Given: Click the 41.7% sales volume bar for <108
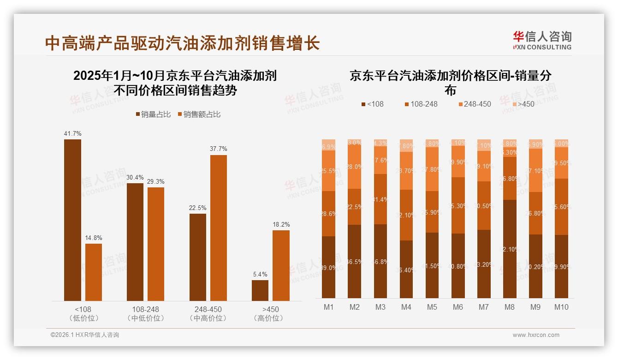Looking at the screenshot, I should coord(72,220).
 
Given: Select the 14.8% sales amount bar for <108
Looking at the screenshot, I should coord(93,272).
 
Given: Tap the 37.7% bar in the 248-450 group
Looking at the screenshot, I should coord(218,228).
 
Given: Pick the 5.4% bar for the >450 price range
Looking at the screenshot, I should coord(260,290).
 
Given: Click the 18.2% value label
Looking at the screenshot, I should coord(281,225).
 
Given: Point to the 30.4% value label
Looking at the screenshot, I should coord(135,177).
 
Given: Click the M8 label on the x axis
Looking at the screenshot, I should coord(510,307).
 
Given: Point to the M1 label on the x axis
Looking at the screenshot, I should coord(328,307).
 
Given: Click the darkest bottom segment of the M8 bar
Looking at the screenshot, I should coord(510,249).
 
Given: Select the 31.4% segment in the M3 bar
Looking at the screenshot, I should coord(380,199).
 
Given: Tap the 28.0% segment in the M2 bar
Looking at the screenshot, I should coord(354,167).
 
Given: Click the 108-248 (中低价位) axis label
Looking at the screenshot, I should coord(145,313).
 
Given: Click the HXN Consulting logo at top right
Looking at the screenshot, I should coord(542,41).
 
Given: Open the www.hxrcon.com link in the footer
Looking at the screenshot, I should coord(535,335).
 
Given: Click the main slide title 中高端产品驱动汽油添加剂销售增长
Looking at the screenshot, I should coord(183,43).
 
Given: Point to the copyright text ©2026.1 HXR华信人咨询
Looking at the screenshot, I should coord(85,335).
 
